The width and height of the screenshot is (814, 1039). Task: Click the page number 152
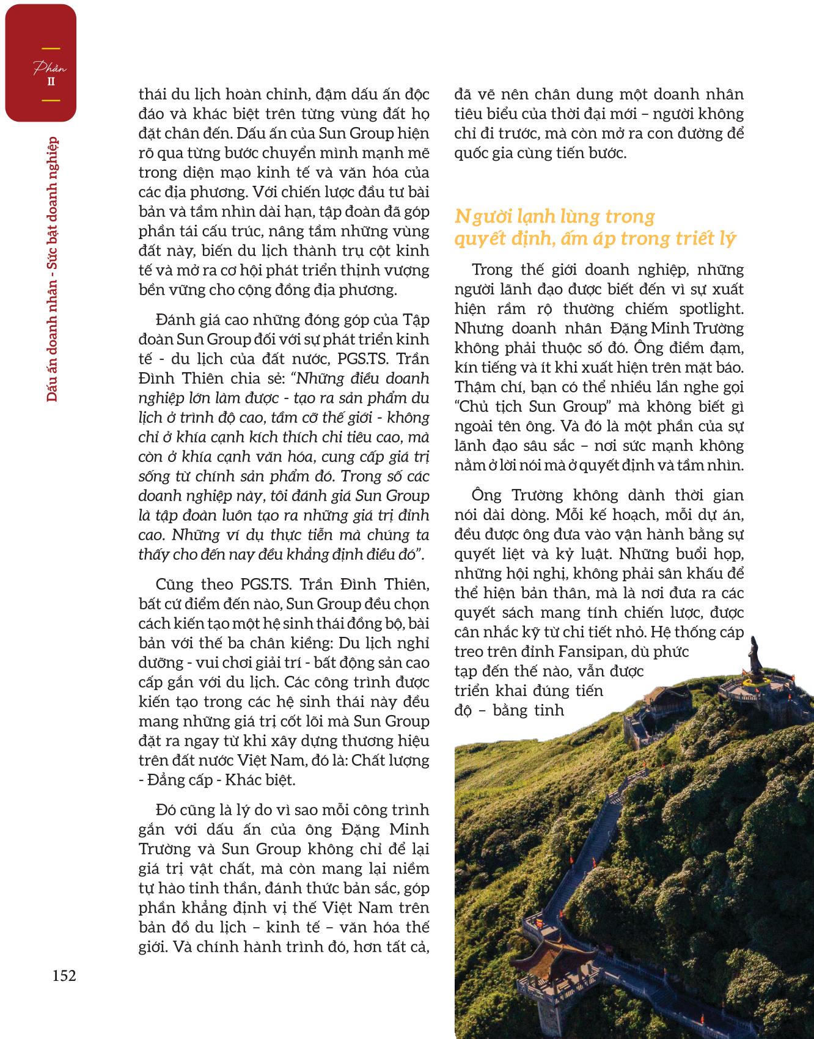(64, 975)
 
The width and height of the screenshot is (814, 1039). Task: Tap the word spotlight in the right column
(710, 309)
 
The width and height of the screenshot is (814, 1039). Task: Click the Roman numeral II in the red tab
(51, 81)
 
